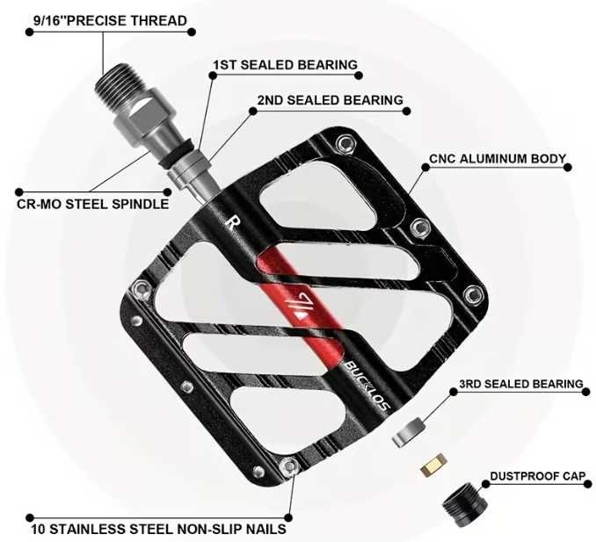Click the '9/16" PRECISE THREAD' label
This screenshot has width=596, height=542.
[x=110, y=20]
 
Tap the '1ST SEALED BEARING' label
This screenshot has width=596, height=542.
[x=285, y=65]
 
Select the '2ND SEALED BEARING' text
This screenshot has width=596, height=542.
[x=330, y=100]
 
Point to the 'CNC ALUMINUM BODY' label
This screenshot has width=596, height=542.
[x=498, y=158]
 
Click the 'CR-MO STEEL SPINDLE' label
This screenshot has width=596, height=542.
[x=93, y=204]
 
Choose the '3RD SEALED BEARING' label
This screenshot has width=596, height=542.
[x=520, y=384]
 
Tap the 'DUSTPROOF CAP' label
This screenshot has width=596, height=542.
[x=538, y=476]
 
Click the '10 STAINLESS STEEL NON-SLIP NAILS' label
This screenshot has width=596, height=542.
[x=158, y=529]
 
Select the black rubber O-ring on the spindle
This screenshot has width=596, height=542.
[x=176, y=153]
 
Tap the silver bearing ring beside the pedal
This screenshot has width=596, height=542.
[x=409, y=432]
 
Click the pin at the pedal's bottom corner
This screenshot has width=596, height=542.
[x=289, y=466]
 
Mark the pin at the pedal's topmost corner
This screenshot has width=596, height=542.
[x=345, y=144]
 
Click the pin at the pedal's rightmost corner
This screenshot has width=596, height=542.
[x=474, y=294]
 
